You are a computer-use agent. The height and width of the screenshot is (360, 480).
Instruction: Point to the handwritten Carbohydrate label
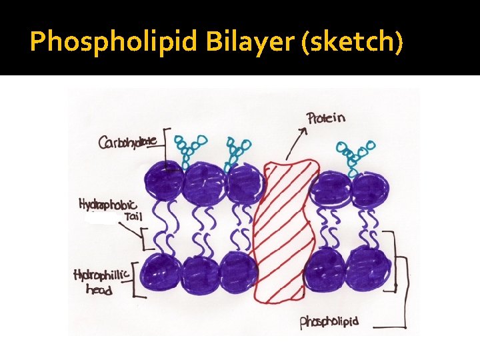[x=129, y=142]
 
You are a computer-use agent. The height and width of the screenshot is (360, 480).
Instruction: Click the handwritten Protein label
[x=326, y=119]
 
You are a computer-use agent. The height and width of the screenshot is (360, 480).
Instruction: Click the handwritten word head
[x=99, y=289]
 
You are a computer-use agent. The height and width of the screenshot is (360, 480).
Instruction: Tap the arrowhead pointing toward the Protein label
[x=303, y=130]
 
